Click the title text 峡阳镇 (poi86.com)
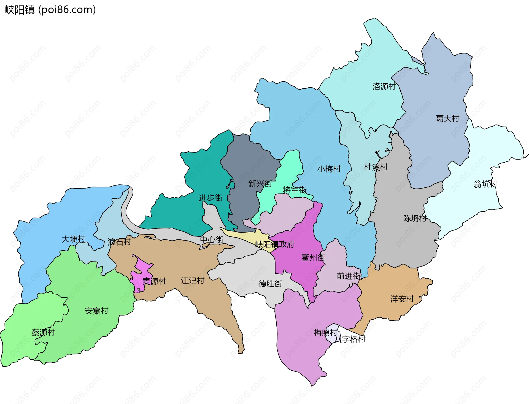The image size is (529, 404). [50, 10]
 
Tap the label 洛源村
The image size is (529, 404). [384, 87]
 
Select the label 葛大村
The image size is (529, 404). [447, 118]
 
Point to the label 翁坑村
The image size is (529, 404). [485, 184]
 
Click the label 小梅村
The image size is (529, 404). [329, 169]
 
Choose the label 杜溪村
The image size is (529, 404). [376, 167]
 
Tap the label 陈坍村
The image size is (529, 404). [415, 219]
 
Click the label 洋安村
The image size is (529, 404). [402, 299]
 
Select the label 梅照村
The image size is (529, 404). [325, 333]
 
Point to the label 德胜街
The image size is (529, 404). [270, 284]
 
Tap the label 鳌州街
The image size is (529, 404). [313, 258]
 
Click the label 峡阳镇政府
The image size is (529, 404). [275, 244]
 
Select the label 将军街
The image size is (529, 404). [295, 190]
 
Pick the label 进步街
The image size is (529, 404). [211, 198]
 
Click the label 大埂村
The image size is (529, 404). [74, 239]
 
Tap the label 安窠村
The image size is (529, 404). [96, 311]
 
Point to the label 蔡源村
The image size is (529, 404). [43, 333]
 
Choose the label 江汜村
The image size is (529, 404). [193, 281]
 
